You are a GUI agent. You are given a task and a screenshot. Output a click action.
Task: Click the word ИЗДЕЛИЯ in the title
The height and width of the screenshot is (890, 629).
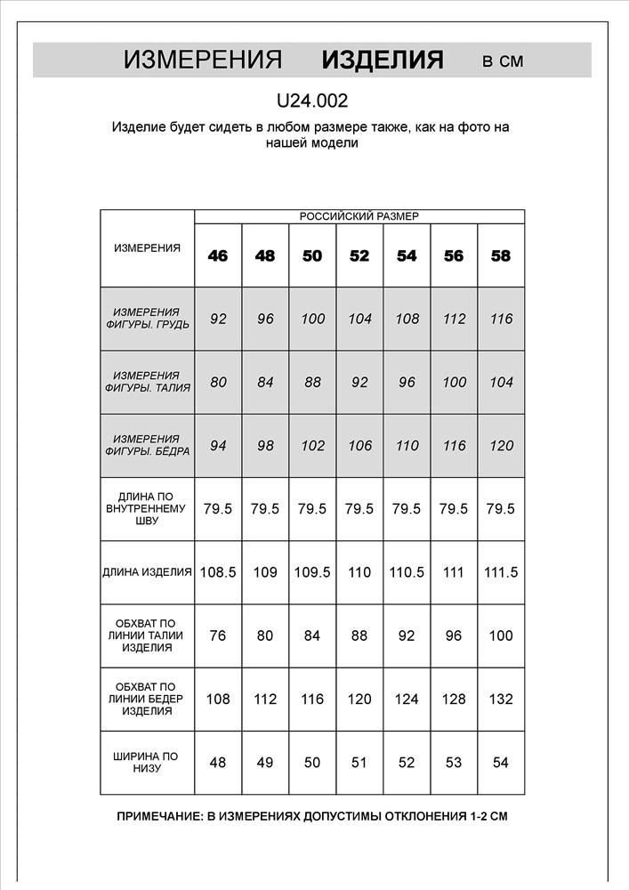[x=383, y=60]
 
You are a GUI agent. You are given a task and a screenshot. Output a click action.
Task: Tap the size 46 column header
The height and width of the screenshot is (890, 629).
[x=218, y=256]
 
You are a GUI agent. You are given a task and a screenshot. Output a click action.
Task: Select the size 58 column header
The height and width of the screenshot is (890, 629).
[x=501, y=256]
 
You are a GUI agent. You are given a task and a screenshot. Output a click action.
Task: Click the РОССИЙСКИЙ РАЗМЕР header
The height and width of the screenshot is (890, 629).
[x=359, y=216]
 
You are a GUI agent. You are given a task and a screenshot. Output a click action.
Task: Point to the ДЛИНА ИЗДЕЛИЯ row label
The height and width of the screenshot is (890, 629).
[x=147, y=572]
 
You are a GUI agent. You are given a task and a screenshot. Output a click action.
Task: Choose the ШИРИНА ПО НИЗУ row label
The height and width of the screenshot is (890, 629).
[x=147, y=763]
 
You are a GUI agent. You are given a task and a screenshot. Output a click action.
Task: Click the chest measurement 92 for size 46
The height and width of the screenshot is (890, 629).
[x=218, y=319]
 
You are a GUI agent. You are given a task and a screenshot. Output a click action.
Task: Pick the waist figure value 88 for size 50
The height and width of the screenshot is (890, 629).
[x=312, y=383]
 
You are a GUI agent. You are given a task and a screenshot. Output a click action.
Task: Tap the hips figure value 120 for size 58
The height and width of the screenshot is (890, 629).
[x=501, y=446]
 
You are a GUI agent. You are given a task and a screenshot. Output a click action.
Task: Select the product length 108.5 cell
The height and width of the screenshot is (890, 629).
[x=218, y=572]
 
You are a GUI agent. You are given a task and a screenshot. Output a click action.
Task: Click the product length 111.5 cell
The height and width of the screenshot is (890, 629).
[x=501, y=572]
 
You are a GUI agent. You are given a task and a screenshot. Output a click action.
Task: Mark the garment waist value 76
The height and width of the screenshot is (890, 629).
[x=218, y=635]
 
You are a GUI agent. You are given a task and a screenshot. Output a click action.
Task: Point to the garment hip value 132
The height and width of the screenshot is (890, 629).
[x=501, y=699]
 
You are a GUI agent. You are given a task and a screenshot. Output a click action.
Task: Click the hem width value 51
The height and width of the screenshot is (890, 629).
[x=359, y=763]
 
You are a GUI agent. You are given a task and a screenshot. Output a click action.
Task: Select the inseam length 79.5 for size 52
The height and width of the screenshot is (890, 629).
[x=359, y=509]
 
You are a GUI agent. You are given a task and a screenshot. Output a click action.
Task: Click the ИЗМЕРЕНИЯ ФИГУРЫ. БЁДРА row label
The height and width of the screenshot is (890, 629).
[x=147, y=446]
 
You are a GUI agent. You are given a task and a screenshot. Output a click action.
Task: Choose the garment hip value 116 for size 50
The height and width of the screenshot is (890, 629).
[x=312, y=699]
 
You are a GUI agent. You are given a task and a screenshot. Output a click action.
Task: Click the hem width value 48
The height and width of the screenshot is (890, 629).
[x=218, y=763]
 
